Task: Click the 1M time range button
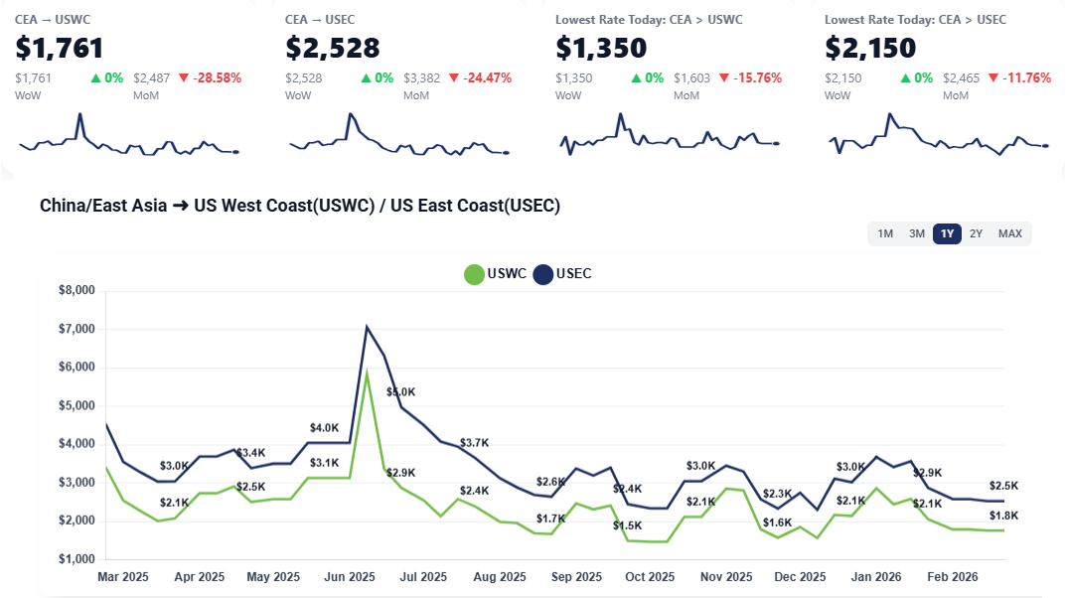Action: [x=884, y=233]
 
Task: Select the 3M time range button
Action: [x=916, y=233]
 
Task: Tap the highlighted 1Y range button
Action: [x=947, y=233]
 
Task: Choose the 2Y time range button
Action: [x=976, y=233]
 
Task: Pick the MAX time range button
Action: [x=1009, y=233]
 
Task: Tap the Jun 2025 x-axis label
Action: [x=350, y=576]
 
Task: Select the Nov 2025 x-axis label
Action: [x=725, y=576]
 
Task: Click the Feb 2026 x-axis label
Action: [x=952, y=576]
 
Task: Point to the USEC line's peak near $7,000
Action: [x=367, y=327]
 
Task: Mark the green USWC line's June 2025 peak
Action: [x=367, y=373]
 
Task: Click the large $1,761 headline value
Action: [x=60, y=47]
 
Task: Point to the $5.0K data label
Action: [x=401, y=392]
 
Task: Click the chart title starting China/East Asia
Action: [x=300, y=206]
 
